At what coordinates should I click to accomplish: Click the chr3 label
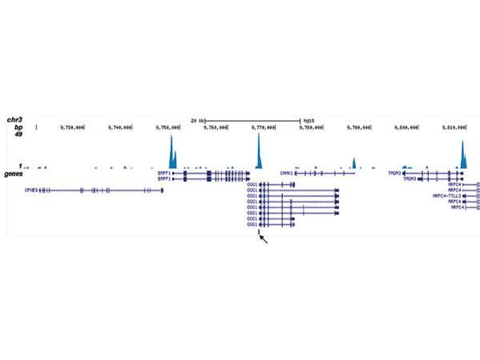click(x=16, y=120)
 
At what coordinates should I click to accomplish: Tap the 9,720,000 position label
click(x=71, y=127)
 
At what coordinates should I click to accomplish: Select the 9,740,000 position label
click(x=120, y=127)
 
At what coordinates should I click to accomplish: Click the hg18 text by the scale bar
click(x=309, y=120)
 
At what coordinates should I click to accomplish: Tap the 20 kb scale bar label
click(x=198, y=120)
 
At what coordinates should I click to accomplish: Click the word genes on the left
click(x=15, y=173)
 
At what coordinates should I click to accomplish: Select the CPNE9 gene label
click(x=31, y=190)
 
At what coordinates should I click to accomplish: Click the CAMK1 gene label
click(x=286, y=173)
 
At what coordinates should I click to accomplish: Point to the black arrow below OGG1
click(x=264, y=240)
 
